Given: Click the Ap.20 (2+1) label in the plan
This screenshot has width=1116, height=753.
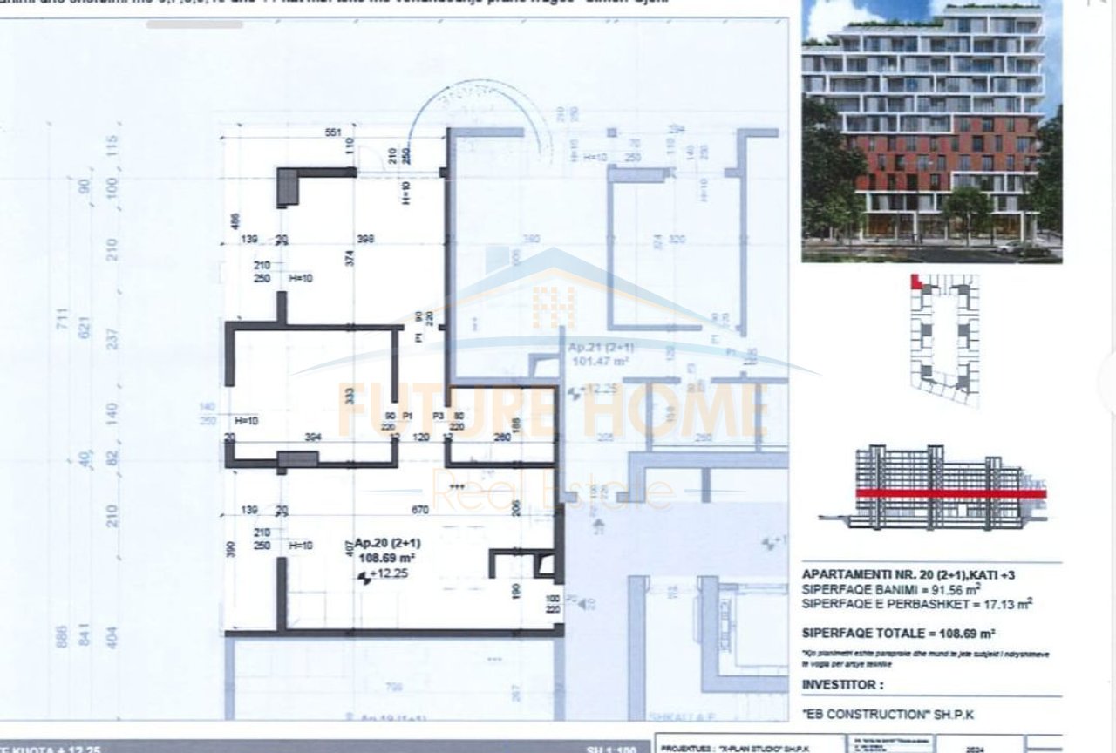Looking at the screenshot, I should click(x=382, y=543).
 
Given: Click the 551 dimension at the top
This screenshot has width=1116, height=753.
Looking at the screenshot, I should click(x=332, y=132).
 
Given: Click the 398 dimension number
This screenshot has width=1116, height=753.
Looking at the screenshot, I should click(x=365, y=239).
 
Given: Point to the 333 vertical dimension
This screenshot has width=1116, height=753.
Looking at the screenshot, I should click(x=349, y=395).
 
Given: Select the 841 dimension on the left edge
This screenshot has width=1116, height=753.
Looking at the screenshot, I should click(x=85, y=637).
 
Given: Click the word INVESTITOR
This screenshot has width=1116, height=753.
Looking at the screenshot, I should click(x=836, y=685).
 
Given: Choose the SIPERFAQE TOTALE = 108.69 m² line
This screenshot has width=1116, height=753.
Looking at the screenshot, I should click(x=898, y=634).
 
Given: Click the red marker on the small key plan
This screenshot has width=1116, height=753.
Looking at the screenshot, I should click(x=915, y=282).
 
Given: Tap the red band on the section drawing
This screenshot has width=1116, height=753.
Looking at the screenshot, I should click(x=950, y=493).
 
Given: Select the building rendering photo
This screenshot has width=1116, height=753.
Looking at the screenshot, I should click(x=931, y=131).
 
